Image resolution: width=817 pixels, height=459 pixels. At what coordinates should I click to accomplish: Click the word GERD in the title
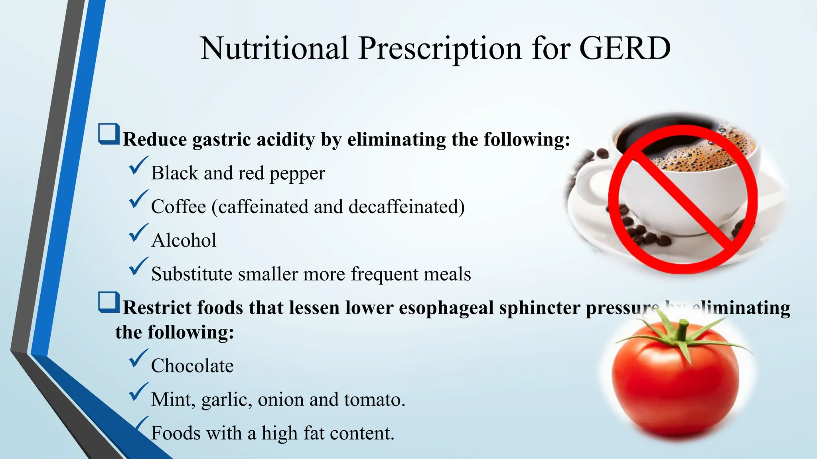[x=625, y=49]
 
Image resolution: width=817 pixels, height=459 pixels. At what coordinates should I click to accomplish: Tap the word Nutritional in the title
[x=274, y=49]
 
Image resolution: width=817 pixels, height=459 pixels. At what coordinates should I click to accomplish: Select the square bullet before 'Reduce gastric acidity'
[x=109, y=134]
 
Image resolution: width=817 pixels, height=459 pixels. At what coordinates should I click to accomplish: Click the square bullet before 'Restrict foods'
[x=109, y=302]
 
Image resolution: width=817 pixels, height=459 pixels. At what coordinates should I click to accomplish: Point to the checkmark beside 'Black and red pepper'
[x=138, y=166]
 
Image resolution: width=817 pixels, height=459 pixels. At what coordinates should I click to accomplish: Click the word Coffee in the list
[x=179, y=207]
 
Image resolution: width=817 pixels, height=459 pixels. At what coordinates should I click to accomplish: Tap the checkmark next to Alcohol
[x=138, y=233]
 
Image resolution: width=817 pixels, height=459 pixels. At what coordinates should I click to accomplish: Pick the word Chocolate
[x=192, y=366]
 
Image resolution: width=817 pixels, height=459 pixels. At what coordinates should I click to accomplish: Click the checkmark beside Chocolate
[x=138, y=358]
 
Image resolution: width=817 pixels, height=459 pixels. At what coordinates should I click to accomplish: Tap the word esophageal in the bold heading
[x=446, y=308]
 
